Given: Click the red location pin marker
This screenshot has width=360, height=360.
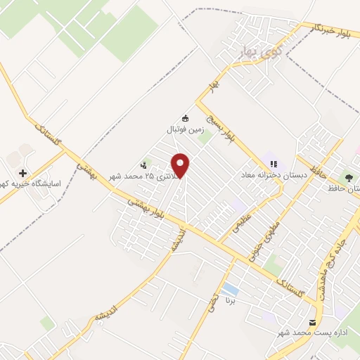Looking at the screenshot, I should (x=181, y=165).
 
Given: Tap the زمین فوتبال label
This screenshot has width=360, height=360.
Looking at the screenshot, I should (x=184, y=129).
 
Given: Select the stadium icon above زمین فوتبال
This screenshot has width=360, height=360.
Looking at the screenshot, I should (x=186, y=118).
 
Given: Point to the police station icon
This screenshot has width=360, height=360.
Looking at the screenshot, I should (x=145, y=165).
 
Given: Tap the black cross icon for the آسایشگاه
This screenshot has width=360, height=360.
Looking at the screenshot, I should (x=23, y=172).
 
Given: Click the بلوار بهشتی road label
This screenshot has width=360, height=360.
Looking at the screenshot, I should (x=148, y=210).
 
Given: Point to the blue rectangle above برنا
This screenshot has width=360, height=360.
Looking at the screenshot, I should (x=229, y=289).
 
